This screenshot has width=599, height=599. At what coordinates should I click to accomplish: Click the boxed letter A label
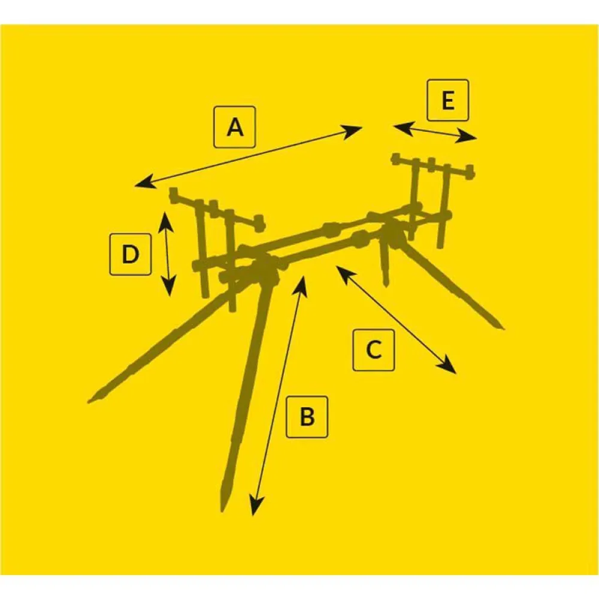(x=235, y=127)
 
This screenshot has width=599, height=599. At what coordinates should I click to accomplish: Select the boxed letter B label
(x=307, y=417)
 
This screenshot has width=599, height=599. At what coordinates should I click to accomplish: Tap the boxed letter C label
(x=374, y=350)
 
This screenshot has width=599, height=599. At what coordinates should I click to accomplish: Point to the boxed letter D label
(x=130, y=255)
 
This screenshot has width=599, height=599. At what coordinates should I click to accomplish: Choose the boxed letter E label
(x=447, y=101)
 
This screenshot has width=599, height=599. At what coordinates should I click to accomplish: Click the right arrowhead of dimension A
(x=352, y=132)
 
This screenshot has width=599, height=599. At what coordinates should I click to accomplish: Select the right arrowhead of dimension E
(x=466, y=138)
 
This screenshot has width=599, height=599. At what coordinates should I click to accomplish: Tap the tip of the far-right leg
(x=503, y=327)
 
